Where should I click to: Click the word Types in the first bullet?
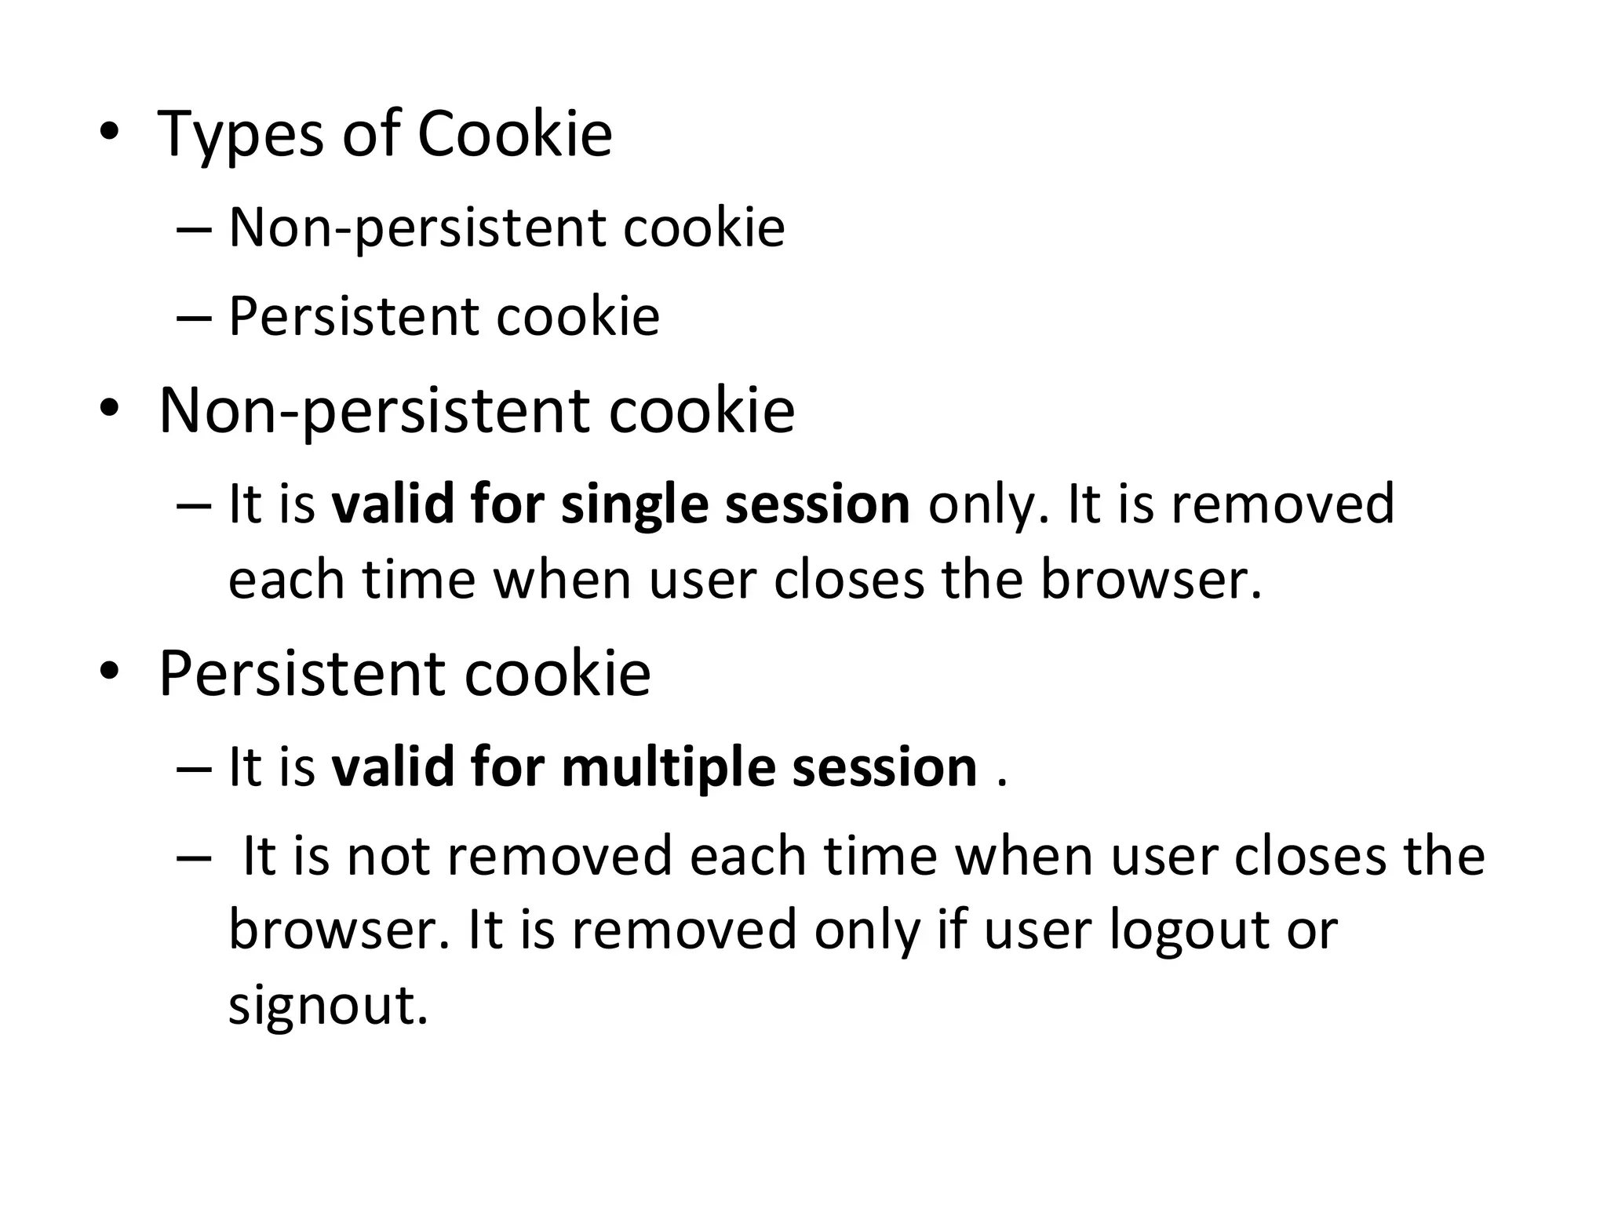[240, 135]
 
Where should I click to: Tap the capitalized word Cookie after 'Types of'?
[515, 133]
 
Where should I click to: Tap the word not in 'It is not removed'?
[388, 857]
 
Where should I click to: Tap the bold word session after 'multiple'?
[884, 768]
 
